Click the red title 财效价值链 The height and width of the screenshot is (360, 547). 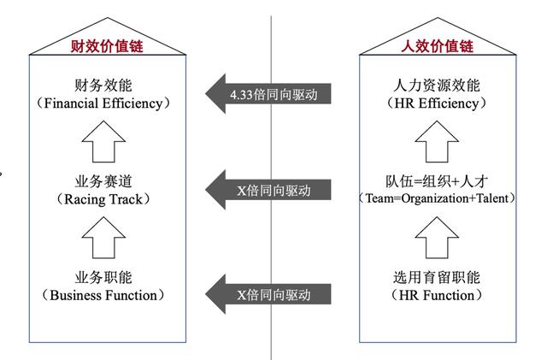107,46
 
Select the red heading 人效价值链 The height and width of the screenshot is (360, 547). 438,46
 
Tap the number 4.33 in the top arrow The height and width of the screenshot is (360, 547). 241,95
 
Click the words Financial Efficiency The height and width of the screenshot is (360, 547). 103,103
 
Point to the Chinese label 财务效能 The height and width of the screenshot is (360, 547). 103,86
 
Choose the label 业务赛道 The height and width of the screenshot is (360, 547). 103,181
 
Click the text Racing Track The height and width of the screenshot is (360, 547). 103,199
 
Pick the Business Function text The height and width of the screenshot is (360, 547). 103,295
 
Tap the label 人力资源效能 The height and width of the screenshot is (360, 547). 437,86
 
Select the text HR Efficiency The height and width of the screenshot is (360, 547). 437,103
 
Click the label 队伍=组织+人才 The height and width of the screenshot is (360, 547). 437,181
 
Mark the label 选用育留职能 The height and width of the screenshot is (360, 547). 437,277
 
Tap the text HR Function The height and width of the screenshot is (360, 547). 437,295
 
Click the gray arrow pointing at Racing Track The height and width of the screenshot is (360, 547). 268,190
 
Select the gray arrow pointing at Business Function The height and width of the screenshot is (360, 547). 268,294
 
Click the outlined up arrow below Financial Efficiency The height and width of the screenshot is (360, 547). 103,141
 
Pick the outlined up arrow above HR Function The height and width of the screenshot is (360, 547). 437,238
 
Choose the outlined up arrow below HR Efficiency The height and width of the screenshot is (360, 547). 437,141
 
